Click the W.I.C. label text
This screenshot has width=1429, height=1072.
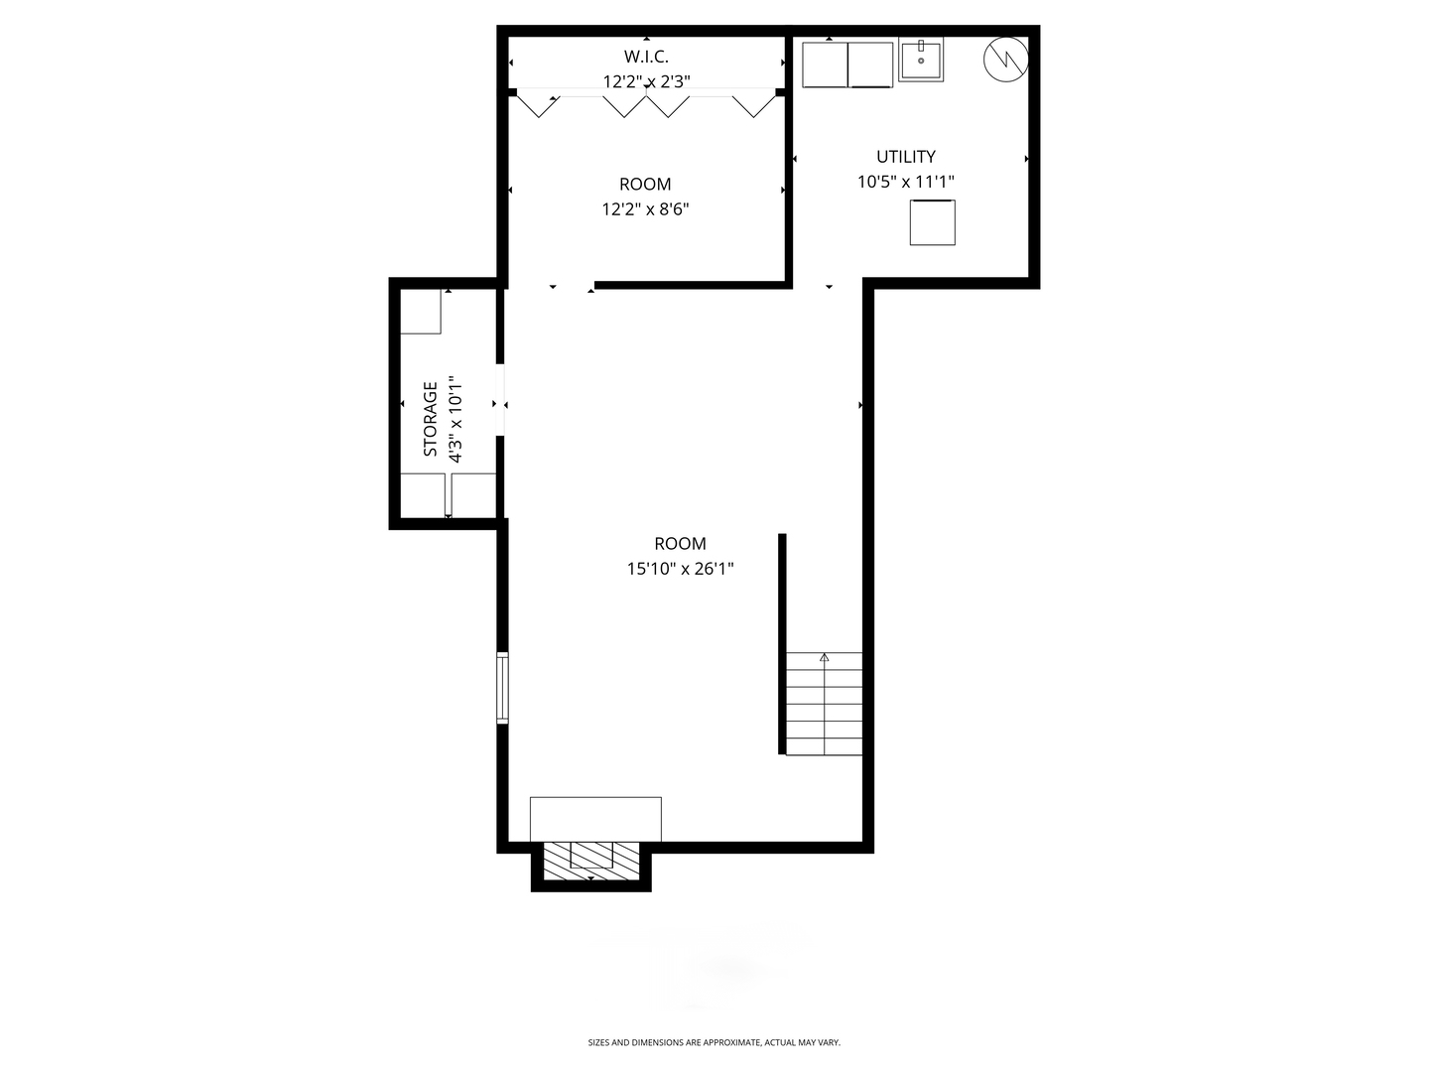646,57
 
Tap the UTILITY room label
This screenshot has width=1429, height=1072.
906,157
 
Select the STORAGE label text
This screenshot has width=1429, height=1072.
431,419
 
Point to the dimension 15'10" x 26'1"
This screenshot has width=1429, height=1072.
681,569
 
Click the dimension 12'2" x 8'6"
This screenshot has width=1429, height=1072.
645,209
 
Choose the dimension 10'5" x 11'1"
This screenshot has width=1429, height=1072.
906,182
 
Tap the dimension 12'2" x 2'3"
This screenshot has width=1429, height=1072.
646,82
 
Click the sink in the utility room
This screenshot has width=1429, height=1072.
921,60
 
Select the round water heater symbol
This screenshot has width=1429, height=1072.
1006,60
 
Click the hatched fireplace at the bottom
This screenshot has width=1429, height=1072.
591,862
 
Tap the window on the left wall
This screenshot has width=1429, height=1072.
502,687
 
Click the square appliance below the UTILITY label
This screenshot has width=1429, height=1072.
932,222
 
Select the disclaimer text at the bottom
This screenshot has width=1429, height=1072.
714,1042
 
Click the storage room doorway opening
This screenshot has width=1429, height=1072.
500,400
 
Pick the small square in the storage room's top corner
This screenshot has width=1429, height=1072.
421,312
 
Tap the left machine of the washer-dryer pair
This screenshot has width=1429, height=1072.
825,65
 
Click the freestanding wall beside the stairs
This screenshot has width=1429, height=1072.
782,644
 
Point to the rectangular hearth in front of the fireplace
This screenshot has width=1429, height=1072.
595,820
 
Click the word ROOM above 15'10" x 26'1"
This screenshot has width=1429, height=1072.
681,544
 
